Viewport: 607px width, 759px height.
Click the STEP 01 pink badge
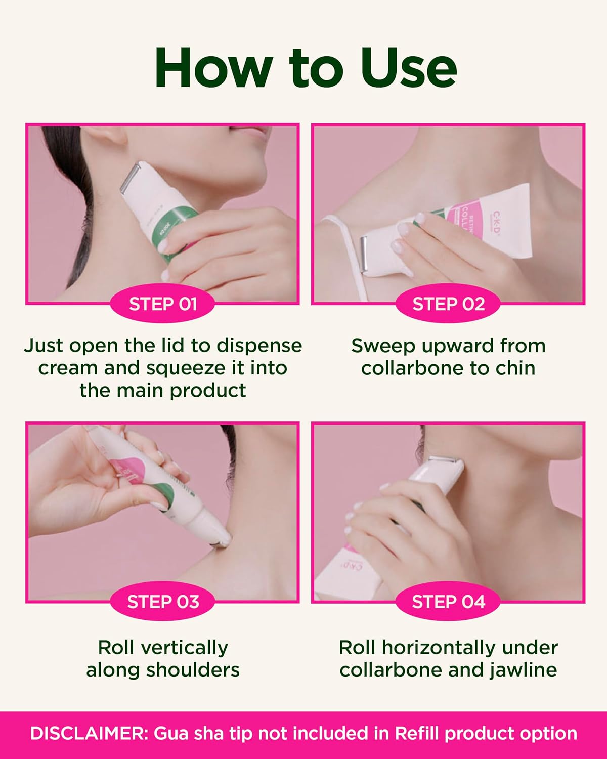click(162, 304)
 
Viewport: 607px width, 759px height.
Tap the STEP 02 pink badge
click(448, 304)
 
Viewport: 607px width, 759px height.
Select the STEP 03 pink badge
click(162, 602)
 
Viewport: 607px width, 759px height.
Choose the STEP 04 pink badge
click(448, 602)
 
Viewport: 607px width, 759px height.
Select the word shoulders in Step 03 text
click(192, 670)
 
